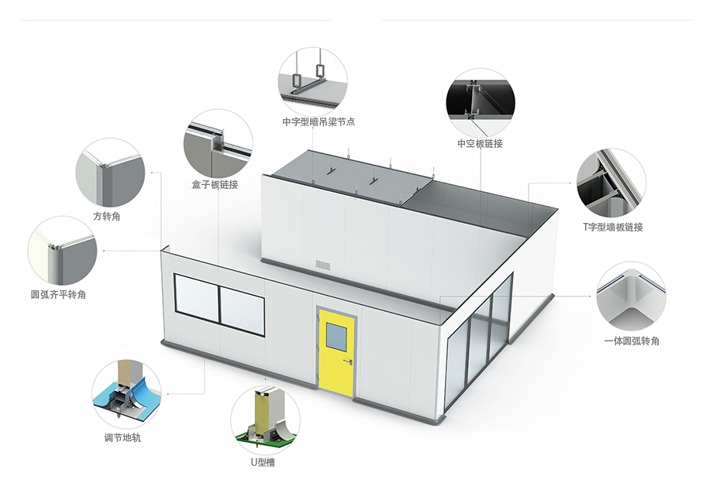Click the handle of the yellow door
[x=348, y=361]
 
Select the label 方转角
[x=107, y=217]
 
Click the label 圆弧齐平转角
[x=58, y=295]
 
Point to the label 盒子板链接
[x=215, y=185]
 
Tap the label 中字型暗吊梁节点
[x=319, y=122]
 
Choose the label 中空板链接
[x=480, y=143]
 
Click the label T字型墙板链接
[x=613, y=227]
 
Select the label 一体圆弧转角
[x=632, y=341]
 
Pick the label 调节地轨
[x=122, y=437]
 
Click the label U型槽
[x=263, y=462]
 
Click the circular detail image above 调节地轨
[x=126, y=395]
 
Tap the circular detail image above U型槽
[x=265, y=420]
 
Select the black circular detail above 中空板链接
[x=480, y=103]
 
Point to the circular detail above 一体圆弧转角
[x=631, y=296]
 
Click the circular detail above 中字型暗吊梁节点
[x=313, y=82]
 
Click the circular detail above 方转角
[x=110, y=173]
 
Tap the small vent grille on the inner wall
[x=324, y=265]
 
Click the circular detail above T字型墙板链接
[x=611, y=183]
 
